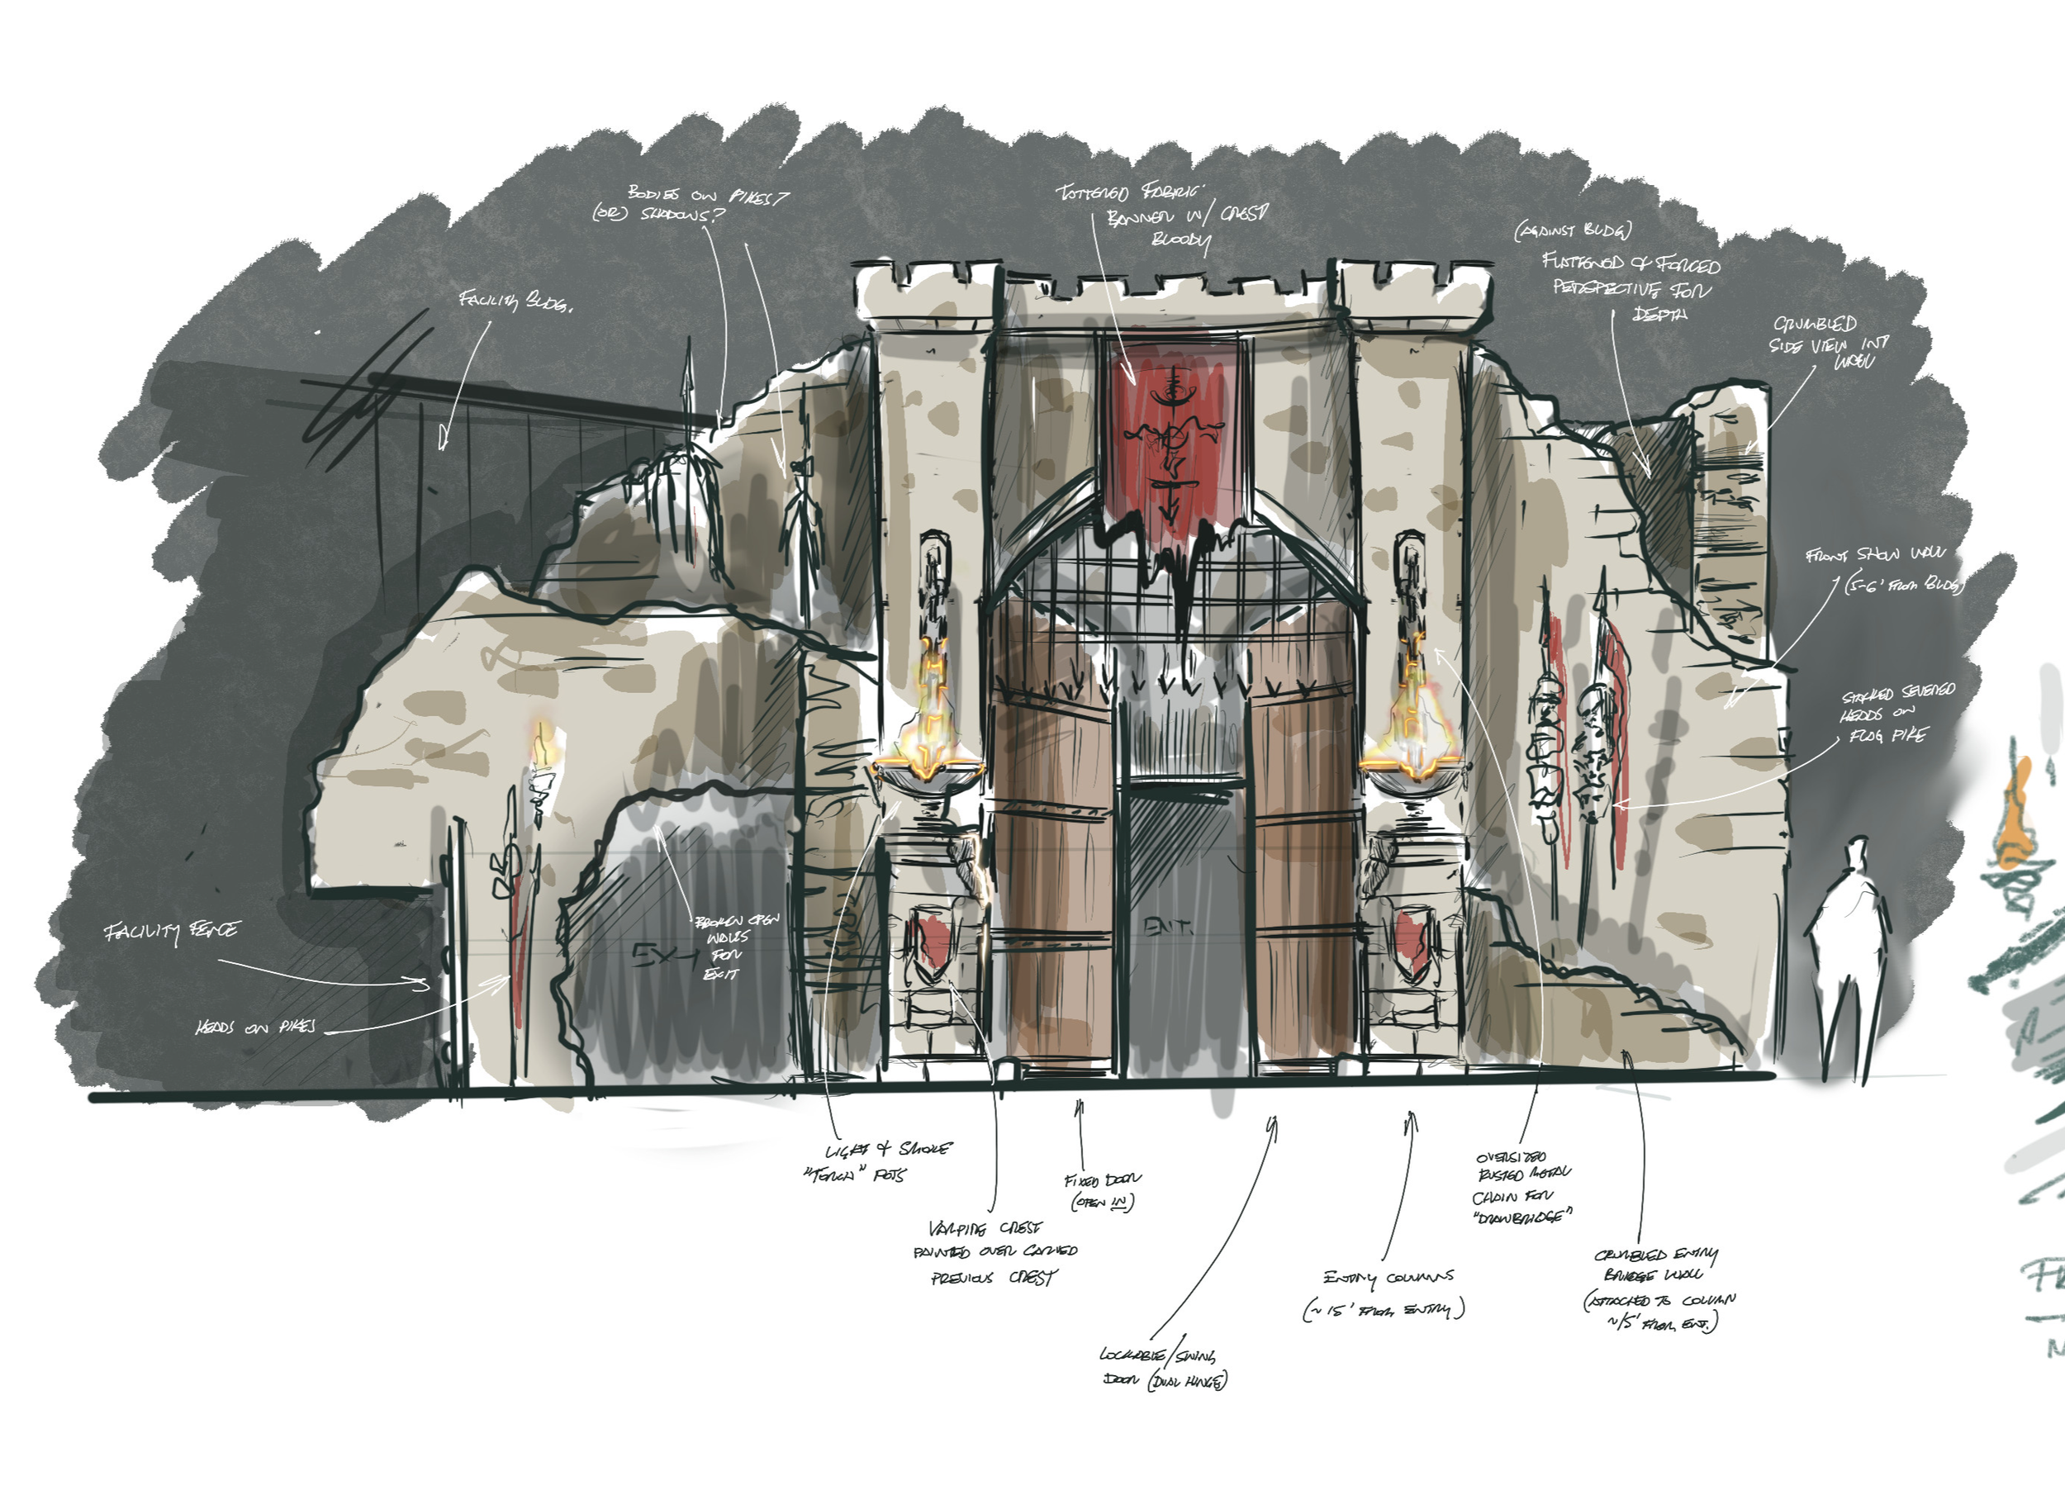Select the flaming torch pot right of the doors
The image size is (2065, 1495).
pos(1412,729)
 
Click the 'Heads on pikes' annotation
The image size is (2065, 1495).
pos(255,1027)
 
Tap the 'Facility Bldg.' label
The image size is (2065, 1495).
pos(515,301)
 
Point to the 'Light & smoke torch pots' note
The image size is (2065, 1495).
pos(879,1160)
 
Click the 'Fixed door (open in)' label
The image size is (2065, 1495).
pos(1102,1191)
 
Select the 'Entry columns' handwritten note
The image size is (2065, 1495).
pos(1386,1293)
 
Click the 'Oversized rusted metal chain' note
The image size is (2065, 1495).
pos(1522,1186)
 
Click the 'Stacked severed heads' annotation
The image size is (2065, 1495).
pos(1896,714)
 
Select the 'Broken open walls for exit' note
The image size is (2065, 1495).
pos(729,947)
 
